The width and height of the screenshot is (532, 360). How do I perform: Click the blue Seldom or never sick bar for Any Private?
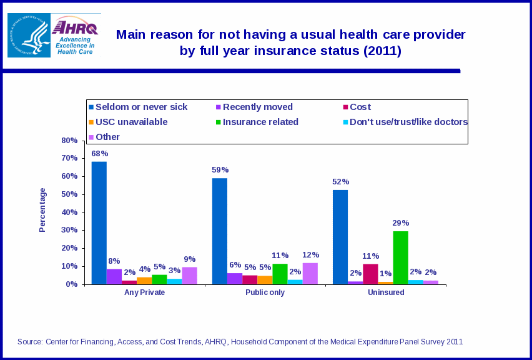(x=99, y=223)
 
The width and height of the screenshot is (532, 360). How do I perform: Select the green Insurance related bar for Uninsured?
(x=400, y=257)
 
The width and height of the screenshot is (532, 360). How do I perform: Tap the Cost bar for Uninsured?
(x=370, y=274)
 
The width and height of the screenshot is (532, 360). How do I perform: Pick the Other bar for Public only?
(x=310, y=273)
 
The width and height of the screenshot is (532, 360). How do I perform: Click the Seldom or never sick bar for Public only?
(x=220, y=231)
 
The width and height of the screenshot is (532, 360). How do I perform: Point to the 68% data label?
(x=100, y=153)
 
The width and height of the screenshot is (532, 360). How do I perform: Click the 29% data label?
(x=401, y=222)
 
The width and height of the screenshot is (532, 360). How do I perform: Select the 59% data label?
(x=220, y=169)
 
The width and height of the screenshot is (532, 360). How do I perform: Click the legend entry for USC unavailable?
(x=131, y=122)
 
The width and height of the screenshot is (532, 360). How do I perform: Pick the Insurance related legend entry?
(x=260, y=122)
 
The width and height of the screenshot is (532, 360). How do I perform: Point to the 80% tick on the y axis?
(x=69, y=141)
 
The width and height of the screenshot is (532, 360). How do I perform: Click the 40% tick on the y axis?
(x=69, y=212)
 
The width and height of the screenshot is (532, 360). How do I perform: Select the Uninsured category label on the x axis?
(x=386, y=292)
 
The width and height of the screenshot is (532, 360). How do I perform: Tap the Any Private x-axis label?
(x=145, y=292)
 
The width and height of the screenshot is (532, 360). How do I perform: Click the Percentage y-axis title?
(x=42, y=210)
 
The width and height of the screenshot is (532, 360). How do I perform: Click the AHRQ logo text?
(x=75, y=27)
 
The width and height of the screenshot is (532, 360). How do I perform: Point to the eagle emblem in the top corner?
(x=29, y=35)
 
